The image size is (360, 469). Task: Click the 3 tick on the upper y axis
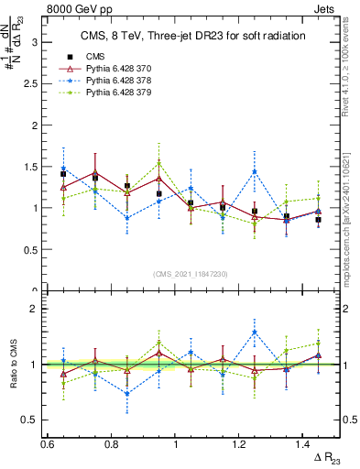point(37,42)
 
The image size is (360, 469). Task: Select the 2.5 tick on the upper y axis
point(33,83)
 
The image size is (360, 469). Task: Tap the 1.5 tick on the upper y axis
point(33,167)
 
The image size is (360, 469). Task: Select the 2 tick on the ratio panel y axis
point(37,309)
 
